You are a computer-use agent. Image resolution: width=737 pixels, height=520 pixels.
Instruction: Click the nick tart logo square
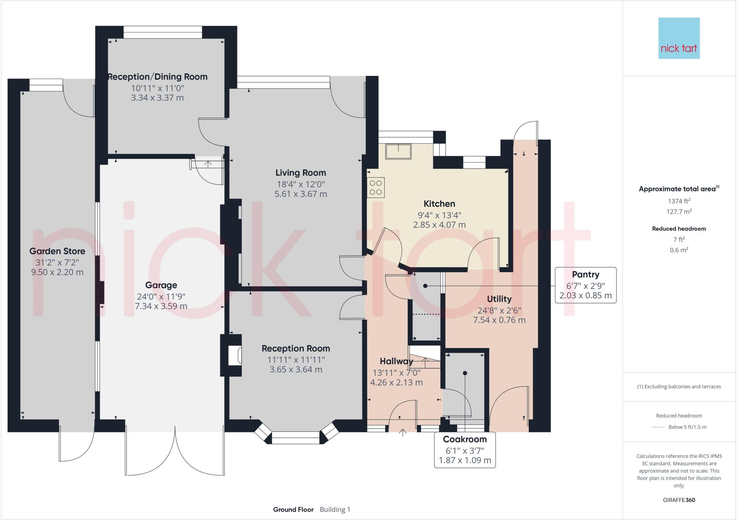679,38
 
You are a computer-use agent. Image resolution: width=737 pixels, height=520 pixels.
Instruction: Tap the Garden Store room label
57,251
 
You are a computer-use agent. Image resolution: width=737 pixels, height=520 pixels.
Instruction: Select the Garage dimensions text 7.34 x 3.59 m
161,306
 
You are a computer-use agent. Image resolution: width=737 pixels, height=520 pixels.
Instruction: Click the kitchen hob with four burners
376,187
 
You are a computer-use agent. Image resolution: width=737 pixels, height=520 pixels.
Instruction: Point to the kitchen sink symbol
398,151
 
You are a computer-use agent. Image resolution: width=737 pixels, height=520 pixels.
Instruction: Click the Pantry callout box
585,285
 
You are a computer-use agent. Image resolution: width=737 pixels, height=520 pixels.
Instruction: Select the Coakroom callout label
465,439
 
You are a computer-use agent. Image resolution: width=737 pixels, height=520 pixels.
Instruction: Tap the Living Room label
300,173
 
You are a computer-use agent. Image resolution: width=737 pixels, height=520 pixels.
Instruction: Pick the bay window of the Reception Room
295,436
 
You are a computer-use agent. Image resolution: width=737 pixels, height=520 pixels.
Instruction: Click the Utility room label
499,299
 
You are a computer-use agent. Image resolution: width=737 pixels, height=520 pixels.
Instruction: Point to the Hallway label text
396,361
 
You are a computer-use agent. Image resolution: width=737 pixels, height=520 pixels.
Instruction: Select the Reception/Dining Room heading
158,77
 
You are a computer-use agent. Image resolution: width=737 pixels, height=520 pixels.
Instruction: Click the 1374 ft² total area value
679,201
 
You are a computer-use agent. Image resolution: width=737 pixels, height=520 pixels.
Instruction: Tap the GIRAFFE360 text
679,500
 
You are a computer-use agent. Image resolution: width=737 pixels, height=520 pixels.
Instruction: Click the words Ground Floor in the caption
293,510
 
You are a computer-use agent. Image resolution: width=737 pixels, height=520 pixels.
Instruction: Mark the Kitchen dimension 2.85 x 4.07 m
439,225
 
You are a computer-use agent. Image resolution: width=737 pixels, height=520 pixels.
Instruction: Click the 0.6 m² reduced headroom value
679,250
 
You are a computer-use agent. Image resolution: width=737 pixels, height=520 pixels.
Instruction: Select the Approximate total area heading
677,189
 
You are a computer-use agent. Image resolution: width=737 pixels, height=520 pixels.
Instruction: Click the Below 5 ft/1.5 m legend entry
687,427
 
